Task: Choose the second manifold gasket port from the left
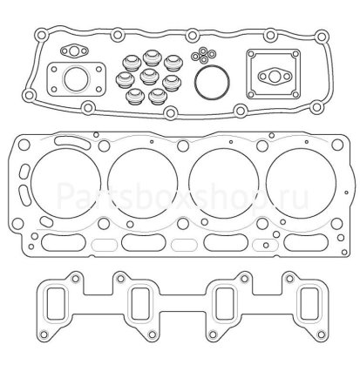coord(141,306)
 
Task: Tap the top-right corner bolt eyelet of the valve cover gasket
coord(322,37)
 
